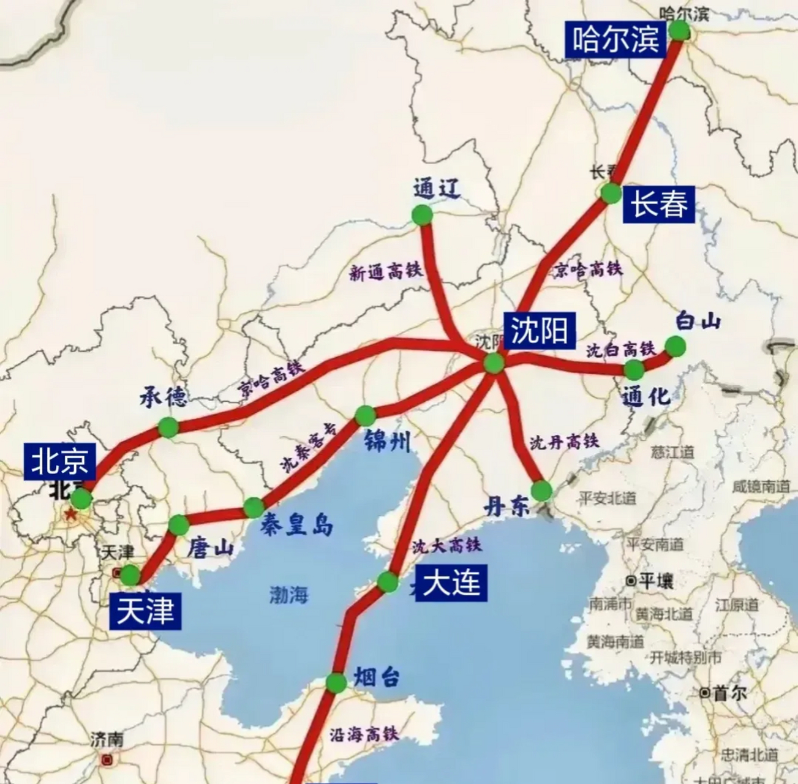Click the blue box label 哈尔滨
click(x=615, y=39)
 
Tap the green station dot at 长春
click(x=611, y=193)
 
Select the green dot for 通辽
click(x=421, y=215)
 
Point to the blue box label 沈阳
click(x=540, y=330)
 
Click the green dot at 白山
click(x=675, y=346)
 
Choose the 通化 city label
click(x=646, y=396)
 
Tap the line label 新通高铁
click(x=386, y=271)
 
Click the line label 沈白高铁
click(x=620, y=350)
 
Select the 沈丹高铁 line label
click(x=563, y=441)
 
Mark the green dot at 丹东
click(x=541, y=491)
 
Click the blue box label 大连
click(x=452, y=582)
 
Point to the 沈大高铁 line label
click(x=446, y=545)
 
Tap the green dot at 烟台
click(x=336, y=683)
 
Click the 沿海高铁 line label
click(x=364, y=734)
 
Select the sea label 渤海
click(x=288, y=594)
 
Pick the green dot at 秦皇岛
click(x=254, y=507)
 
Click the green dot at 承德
click(x=168, y=427)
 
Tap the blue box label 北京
click(x=60, y=461)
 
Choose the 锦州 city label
click(x=387, y=440)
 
